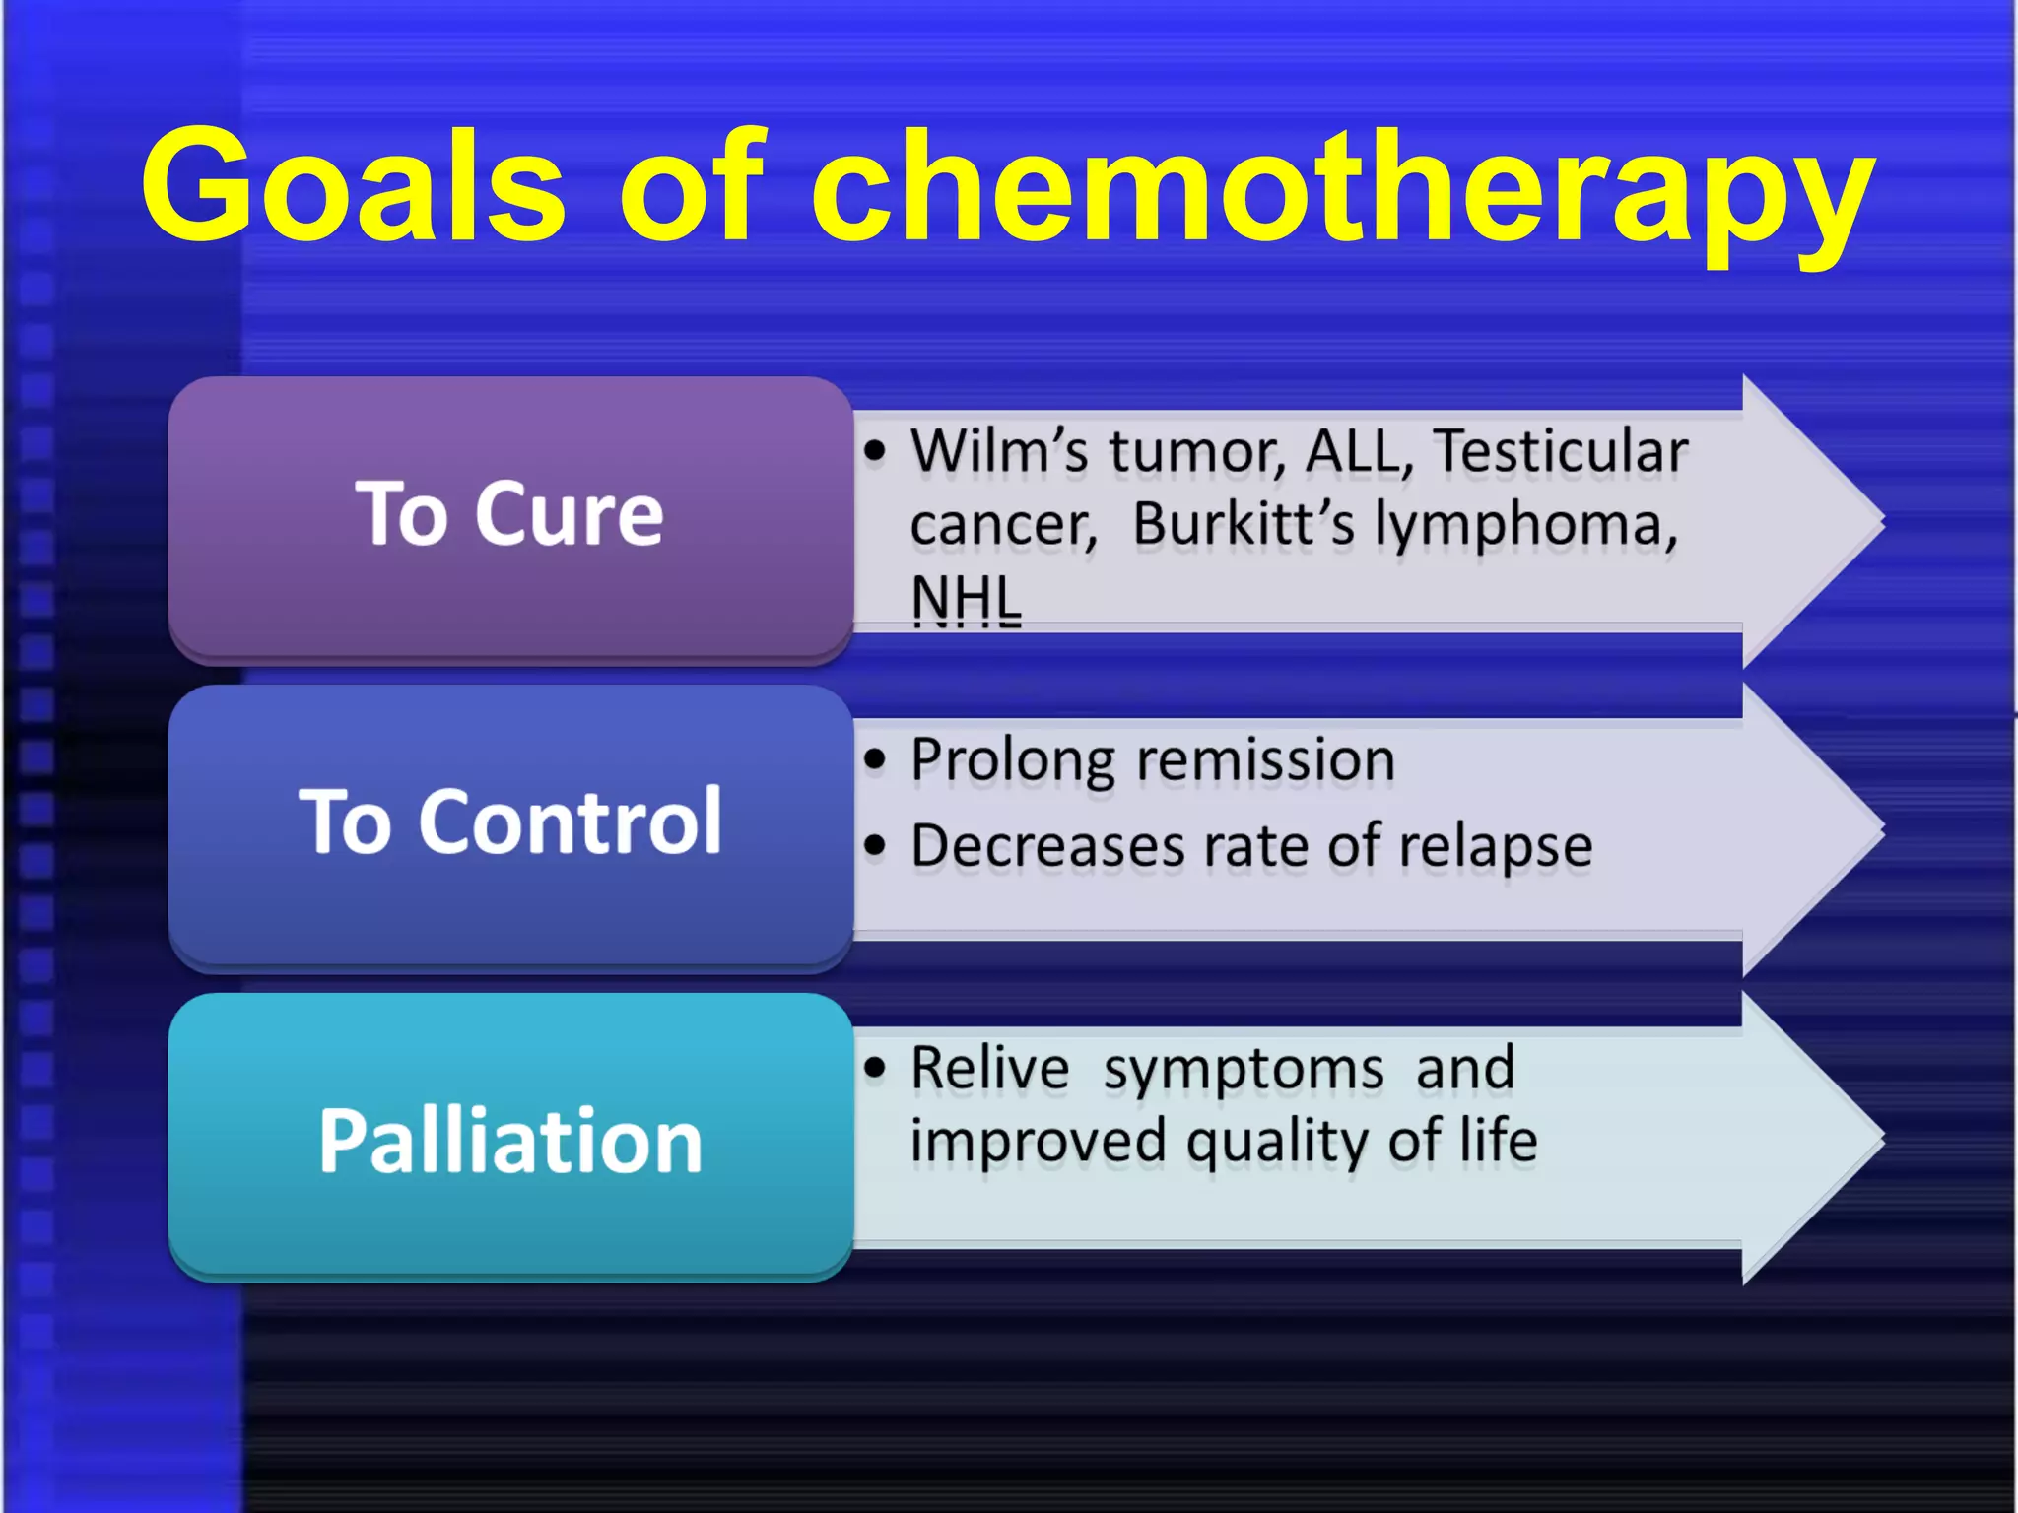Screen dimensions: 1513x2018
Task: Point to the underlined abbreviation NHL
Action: click(x=966, y=598)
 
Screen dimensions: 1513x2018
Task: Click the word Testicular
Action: click(x=1561, y=451)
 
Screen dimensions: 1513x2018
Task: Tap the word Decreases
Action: click(x=1047, y=846)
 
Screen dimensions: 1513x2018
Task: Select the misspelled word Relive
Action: click(x=989, y=1068)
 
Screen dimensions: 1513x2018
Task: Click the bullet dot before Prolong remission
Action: click(x=874, y=759)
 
